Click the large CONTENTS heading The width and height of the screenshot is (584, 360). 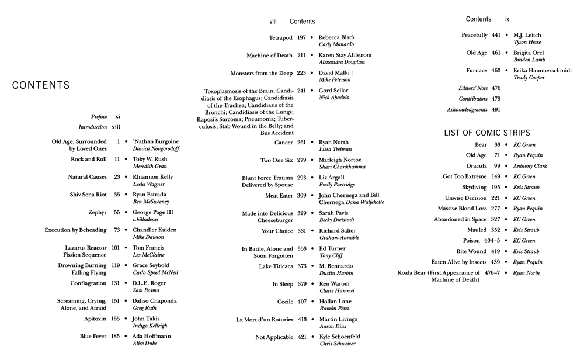tap(41, 86)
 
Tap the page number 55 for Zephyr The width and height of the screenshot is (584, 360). tap(116, 212)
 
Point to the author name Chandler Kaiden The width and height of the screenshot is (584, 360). tap(156, 230)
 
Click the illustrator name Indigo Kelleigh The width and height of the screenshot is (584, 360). tap(150, 326)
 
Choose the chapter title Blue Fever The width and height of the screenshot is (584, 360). tap(93, 336)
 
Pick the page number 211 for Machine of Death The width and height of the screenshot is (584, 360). tap(301, 56)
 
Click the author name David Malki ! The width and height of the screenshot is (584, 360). tap(336, 73)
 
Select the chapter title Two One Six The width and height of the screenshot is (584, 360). tap(276, 160)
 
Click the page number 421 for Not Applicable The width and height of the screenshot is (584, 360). tap(301, 337)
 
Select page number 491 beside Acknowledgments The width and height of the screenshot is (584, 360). tap(496, 109)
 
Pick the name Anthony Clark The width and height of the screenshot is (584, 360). tap(531, 166)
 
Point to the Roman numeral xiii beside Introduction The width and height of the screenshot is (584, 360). tap(116, 127)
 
